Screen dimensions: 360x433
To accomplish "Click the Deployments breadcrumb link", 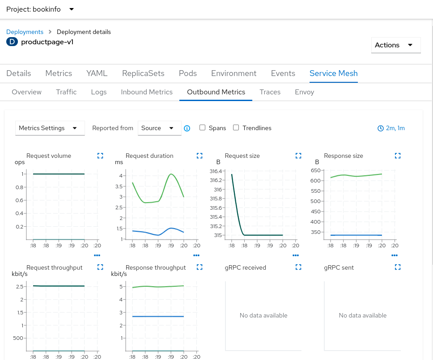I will coord(25,32).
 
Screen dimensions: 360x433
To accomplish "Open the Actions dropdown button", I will coord(395,45).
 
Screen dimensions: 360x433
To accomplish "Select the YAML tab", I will coord(97,73).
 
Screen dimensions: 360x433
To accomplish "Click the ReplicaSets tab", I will coord(143,73).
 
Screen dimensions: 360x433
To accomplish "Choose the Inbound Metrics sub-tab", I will coord(147,92).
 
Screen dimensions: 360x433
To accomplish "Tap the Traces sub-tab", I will coord(270,92).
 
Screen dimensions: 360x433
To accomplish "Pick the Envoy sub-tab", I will coord(304,92).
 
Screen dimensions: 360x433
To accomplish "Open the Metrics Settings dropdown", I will coord(50,128).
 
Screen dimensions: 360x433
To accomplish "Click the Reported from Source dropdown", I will coord(159,128).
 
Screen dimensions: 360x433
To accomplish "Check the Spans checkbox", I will coord(203,128).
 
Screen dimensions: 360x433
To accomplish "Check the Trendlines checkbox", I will coord(236,128).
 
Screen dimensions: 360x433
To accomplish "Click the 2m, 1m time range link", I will coord(391,128).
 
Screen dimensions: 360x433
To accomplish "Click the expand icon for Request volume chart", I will coord(100,156).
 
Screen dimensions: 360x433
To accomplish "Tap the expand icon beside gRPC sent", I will coord(398,267).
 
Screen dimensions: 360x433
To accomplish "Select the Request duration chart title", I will coord(149,156).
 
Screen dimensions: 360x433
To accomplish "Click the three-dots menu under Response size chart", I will coord(394,255).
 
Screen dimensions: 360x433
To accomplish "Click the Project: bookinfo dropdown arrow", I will coord(72,9).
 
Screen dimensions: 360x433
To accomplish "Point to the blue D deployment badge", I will coord(12,42).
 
